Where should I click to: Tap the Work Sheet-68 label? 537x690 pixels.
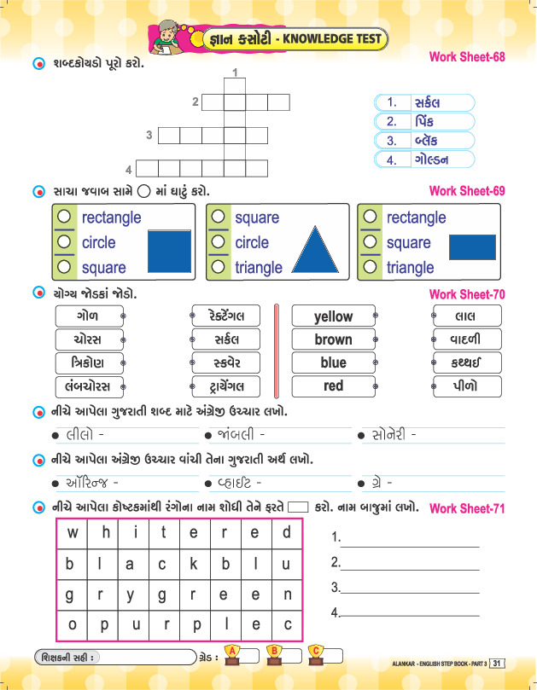[x=467, y=58]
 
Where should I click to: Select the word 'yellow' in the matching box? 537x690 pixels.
[x=333, y=316]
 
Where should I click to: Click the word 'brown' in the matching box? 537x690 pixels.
[x=333, y=339]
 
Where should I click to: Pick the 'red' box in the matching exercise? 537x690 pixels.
[x=333, y=386]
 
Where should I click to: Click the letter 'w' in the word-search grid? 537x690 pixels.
[x=73, y=533]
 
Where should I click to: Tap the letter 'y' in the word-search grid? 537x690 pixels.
[x=130, y=594]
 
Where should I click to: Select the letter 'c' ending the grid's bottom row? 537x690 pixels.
[x=288, y=623]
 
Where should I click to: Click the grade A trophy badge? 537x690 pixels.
[x=233, y=653]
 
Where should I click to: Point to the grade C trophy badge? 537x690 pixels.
[x=317, y=653]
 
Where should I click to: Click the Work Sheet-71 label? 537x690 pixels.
[x=467, y=509]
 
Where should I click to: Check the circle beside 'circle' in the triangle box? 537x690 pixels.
[x=219, y=242]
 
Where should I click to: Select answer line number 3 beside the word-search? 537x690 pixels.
[x=406, y=587]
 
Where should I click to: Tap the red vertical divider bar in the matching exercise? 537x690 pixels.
[x=276, y=351]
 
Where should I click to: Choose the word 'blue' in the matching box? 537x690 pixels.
[x=333, y=362]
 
